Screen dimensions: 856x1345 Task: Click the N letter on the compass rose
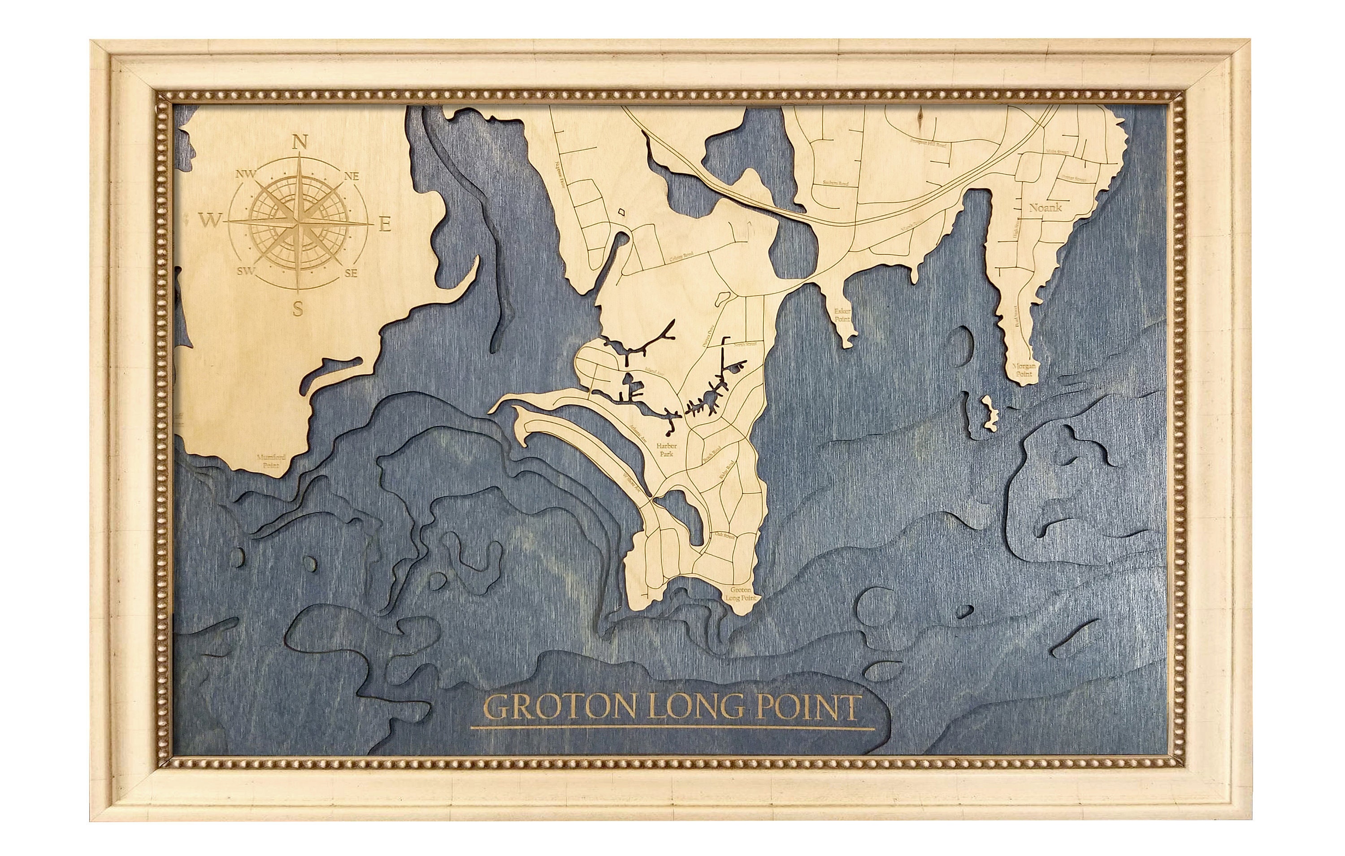click(300, 143)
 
